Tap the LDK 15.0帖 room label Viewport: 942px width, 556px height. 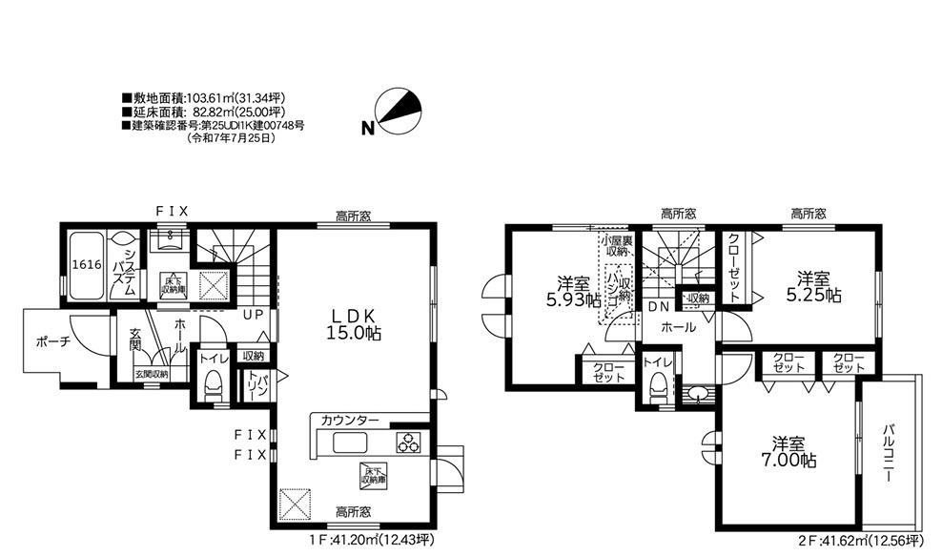pyautogui.click(x=357, y=323)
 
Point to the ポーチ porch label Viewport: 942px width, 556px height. pyautogui.click(x=51, y=342)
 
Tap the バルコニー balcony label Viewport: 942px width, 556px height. pyautogui.click(x=888, y=454)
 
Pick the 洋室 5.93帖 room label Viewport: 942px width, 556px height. pyautogui.click(x=572, y=291)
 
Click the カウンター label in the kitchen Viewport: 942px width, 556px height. pyautogui.click(x=349, y=421)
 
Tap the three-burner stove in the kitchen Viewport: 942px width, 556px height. pyautogui.click(x=408, y=443)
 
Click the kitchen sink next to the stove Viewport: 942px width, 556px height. pyautogui.click(x=348, y=443)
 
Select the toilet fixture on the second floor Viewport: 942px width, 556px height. pyautogui.click(x=656, y=387)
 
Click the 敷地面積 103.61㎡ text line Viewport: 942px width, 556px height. pyautogui.click(x=204, y=98)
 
